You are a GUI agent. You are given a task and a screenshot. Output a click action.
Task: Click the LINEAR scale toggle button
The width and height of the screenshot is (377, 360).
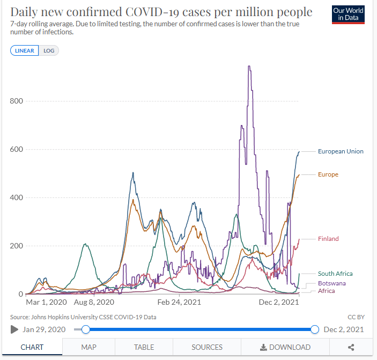point(24,51)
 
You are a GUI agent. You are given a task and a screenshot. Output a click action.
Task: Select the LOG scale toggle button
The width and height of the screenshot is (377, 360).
point(49,51)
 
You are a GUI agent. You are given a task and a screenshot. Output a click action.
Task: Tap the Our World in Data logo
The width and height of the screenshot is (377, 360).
point(349,14)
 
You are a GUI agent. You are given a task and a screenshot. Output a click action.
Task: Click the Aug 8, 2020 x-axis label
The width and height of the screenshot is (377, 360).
point(94,303)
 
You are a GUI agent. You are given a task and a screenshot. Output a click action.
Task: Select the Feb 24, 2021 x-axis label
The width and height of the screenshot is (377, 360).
point(179,303)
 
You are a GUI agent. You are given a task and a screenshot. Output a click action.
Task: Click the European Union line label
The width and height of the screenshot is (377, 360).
point(341,151)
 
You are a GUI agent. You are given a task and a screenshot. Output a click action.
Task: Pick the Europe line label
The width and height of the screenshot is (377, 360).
point(328,174)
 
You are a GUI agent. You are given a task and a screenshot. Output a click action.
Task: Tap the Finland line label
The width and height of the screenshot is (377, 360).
point(328,239)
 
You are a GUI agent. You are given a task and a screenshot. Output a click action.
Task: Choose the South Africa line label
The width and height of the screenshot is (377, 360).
point(335,274)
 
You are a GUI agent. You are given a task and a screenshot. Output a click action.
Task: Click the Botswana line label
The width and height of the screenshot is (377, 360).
point(332,283)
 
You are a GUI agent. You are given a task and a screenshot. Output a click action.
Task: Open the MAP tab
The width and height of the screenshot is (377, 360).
point(89,347)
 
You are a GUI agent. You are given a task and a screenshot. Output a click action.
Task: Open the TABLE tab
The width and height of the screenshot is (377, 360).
point(144,347)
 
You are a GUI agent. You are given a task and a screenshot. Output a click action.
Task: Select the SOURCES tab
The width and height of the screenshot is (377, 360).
point(207,347)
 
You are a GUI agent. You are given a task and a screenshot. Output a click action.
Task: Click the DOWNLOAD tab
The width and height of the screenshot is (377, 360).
point(285,347)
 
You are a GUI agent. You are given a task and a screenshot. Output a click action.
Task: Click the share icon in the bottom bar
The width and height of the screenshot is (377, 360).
point(351,347)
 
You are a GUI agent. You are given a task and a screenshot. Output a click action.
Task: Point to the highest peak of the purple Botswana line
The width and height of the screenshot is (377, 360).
point(249,67)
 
